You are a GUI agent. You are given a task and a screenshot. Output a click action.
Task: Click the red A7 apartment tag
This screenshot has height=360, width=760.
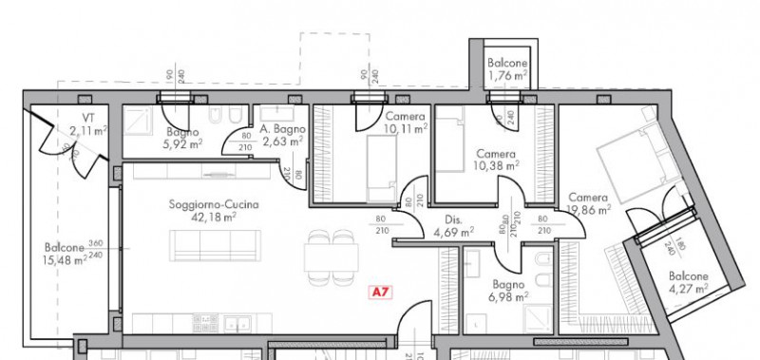point(380,293)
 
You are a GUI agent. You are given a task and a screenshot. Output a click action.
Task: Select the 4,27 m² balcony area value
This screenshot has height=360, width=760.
point(689,288)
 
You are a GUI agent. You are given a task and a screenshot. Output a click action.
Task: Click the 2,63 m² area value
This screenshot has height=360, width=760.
point(282,142)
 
